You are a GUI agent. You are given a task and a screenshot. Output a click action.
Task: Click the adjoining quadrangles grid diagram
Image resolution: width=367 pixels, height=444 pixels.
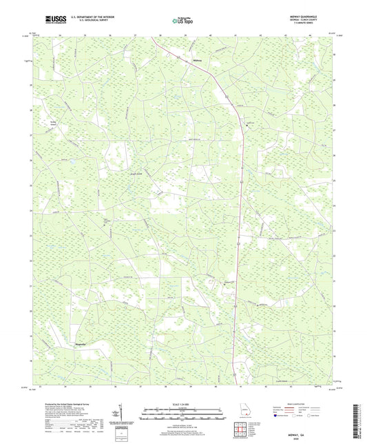240,429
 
